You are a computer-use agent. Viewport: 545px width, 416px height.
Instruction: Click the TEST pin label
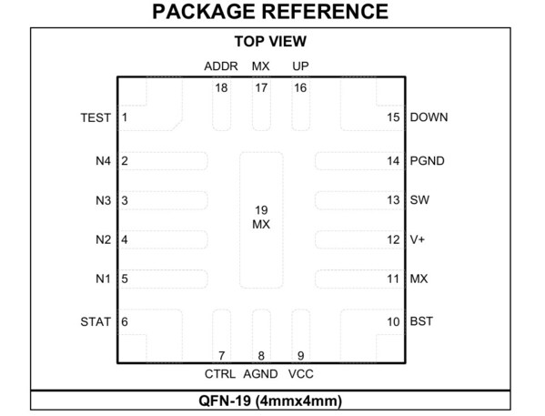(x=96, y=117)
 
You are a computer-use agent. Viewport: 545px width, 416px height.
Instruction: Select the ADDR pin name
(x=221, y=66)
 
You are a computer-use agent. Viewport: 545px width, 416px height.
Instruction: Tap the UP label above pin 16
(x=300, y=66)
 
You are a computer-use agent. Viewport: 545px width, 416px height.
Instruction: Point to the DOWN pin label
(x=429, y=117)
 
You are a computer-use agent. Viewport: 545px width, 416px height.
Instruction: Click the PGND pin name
(x=427, y=161)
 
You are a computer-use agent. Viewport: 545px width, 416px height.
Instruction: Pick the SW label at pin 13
(x=419, y=200)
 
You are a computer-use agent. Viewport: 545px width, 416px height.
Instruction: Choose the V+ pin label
(x=418, y=239)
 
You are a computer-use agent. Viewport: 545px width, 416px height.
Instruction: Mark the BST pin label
(x=421, y=321)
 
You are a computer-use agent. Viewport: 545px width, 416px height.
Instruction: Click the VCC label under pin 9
(x=300, y=374)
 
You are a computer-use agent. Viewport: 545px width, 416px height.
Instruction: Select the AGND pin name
(x=260, y=374)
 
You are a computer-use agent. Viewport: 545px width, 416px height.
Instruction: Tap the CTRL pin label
(x=219, y=374)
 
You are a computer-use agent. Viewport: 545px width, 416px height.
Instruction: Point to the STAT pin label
(x=96, y=321)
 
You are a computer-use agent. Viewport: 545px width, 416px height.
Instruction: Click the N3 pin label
(x=103, y=200)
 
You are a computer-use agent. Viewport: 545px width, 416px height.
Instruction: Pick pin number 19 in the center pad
(x=261, y=210)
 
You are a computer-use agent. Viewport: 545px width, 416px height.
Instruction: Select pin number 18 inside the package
(x=221, y=88)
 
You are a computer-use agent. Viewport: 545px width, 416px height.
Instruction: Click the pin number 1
(x=125, y=117)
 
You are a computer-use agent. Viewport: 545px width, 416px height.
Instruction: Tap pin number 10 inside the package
(x=393, y=321)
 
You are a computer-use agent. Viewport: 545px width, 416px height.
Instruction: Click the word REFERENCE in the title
(x=324, y=12)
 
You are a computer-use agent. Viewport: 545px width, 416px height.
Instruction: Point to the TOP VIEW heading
(x=270, y=41)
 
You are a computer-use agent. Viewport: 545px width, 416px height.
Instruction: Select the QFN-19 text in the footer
(x=225, y=401)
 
